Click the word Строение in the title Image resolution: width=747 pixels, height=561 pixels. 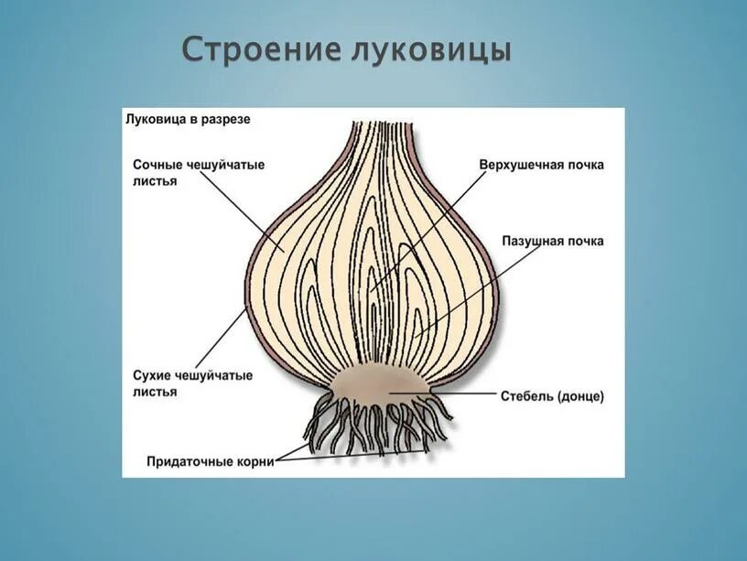coord(261,49)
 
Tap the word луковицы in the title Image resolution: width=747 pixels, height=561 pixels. coord(431,49)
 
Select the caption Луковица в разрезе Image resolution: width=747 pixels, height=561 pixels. coord(187,119)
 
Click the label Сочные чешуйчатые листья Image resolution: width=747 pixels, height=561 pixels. coord(199,173)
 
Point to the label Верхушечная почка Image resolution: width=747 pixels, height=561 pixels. coord(541,165)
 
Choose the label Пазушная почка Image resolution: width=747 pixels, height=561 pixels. coord(552,241)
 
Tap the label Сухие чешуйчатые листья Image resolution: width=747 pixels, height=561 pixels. coord(192,383)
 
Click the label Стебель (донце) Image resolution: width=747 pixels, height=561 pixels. coord(552,396)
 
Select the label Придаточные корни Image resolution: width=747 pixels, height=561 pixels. coord(211,462)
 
